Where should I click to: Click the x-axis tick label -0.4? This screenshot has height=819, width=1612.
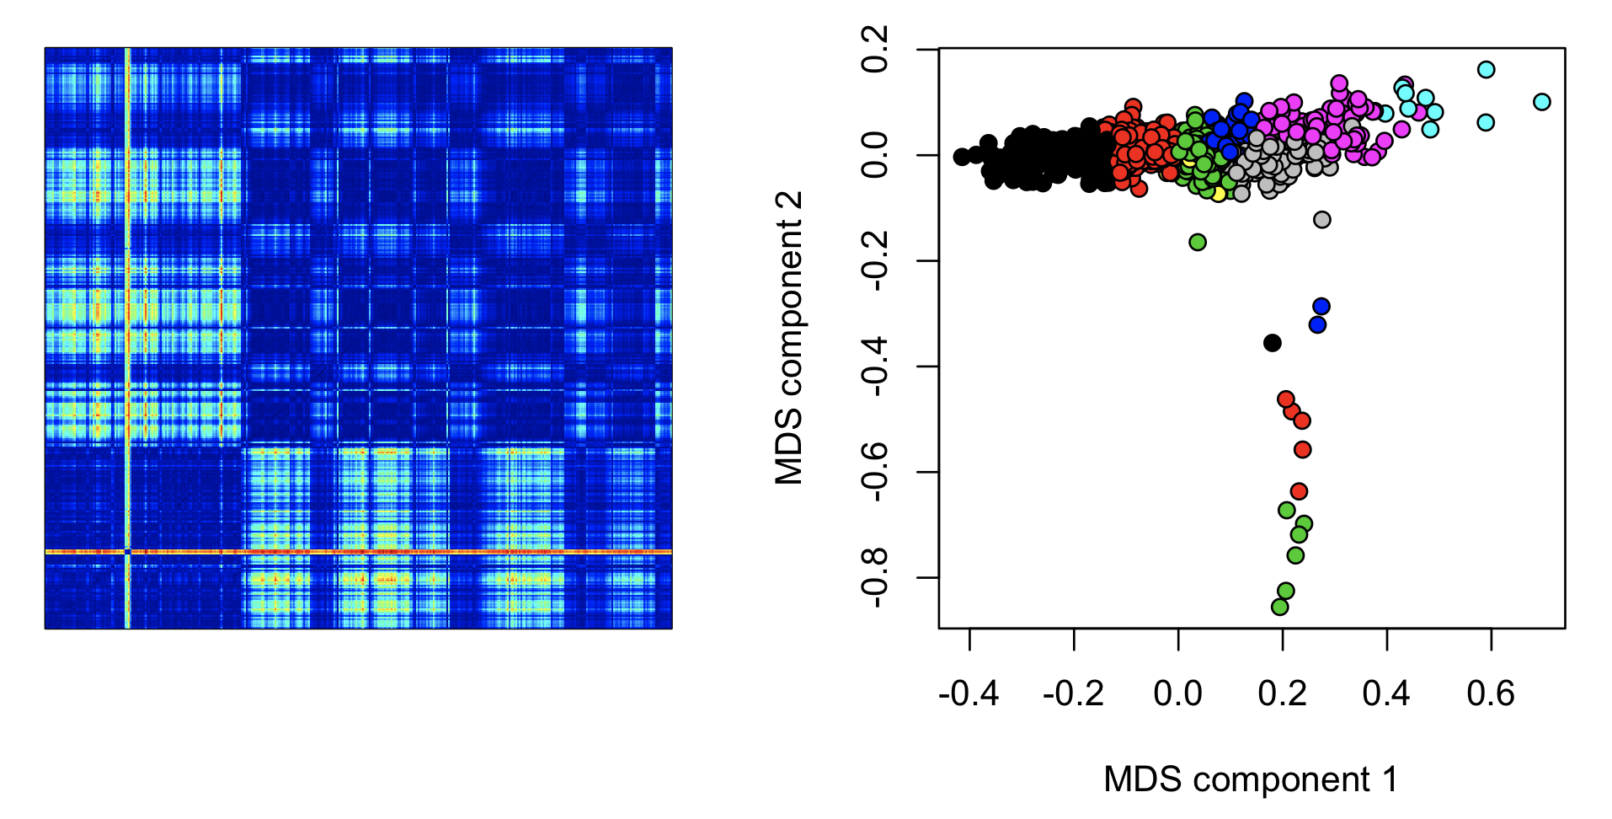(x=969, y=694)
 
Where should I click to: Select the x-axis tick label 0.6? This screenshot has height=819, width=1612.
(x=1490, y=694)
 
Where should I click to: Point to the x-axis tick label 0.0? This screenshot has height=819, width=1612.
(x=1177, y=694)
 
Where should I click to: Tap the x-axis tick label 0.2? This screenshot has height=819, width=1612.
(x=1282, y=694)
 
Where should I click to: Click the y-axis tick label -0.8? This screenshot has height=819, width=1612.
(x=875, y=578)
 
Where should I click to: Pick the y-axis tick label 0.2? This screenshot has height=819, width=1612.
(x=875, y=50)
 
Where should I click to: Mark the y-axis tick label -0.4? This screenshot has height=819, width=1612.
(x=875, y=367)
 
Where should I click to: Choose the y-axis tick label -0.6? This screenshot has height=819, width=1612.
(x=875, y=472)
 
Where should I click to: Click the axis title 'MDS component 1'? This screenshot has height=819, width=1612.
(x=1251, y=779)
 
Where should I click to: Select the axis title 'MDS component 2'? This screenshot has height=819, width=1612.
(x=790, y=338)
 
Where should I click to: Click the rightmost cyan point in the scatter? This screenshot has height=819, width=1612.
(x=1541, y=102)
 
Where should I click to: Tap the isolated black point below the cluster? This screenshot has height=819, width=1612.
(x=1273, y=343)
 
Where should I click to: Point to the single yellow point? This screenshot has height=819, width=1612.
(x=1218, y=194)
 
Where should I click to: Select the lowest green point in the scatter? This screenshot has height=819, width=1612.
(x=1279, y=607)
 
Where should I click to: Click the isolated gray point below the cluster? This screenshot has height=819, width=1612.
(x=1321, y=220)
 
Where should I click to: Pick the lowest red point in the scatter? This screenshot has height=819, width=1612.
(x=1299, y=491)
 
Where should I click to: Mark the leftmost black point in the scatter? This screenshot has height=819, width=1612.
(x=961, y=157)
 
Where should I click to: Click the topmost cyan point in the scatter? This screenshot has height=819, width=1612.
(x=1486, y=70)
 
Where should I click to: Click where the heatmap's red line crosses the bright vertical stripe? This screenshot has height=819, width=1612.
(x=127, y=552)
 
